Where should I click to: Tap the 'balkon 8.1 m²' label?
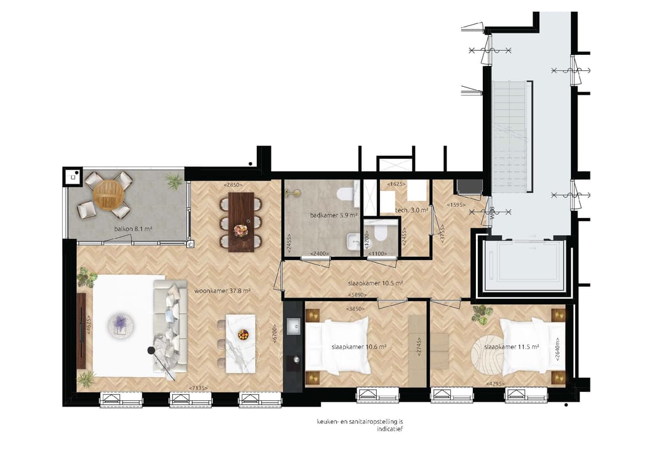133,229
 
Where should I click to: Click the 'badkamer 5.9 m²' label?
330,216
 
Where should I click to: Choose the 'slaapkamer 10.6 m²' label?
359,347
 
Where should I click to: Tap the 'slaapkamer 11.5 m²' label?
512,347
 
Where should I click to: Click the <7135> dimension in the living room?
198,387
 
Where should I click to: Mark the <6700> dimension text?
275,334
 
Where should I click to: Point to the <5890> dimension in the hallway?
358,294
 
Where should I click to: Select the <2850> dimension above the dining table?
233,184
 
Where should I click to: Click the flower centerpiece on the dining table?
240,229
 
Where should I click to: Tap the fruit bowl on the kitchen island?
243,334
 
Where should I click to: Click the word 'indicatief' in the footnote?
390,429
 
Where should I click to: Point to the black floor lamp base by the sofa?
151,350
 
